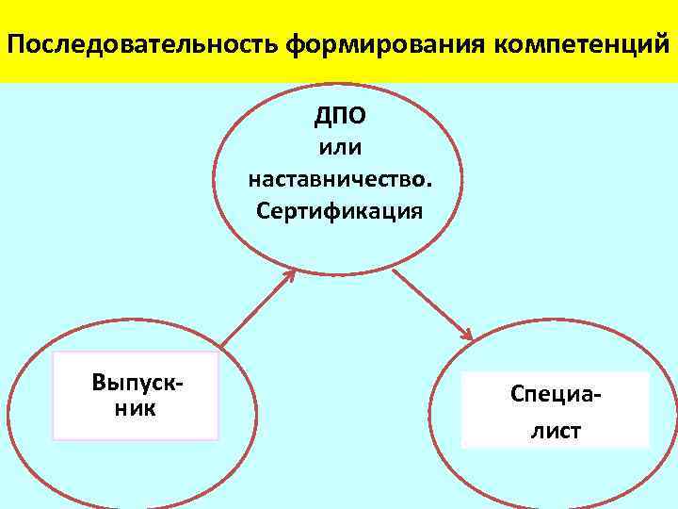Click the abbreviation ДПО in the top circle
[340, 116]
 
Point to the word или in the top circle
[340, 147]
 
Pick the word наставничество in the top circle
[336, 179]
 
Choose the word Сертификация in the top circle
[340, 209]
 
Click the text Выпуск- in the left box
[137, 384]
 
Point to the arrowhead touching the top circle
[288, 274]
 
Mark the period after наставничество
[430, 185]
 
